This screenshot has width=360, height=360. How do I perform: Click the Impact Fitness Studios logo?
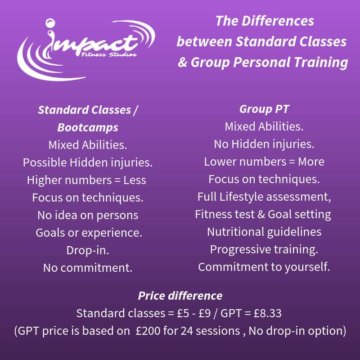click(x=86, y=50)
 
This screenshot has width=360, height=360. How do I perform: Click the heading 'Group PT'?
click(x=264, y=109)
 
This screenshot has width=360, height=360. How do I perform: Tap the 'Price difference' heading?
click(x=180, y=296)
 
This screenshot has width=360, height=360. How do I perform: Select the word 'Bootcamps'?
click(x=88, y=127)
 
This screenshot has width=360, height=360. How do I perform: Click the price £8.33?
click(x=267, y=313)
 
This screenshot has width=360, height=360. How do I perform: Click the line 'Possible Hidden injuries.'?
click(x=88, y=163)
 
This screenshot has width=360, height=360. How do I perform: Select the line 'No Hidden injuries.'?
click(x=264, y=144)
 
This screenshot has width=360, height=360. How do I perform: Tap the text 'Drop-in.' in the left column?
click(x=88, y=250)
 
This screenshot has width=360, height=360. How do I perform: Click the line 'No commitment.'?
click(x=88, y=268)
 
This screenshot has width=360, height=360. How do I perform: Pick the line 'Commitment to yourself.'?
click(x=264, y=267)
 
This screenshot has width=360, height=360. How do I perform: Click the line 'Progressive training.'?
click(x=264, y=250)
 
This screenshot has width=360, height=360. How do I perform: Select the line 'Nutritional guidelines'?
click(x=264, y=232)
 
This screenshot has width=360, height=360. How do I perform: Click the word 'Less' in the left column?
click(x=135, y=180)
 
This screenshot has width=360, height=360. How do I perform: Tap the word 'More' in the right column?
click(x=311, y=162)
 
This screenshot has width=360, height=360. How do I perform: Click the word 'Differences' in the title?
click(x=278, y=21)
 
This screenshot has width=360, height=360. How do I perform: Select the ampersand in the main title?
click(x=183, y=62)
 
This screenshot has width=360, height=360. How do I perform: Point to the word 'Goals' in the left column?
click(x=50, y=233)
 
